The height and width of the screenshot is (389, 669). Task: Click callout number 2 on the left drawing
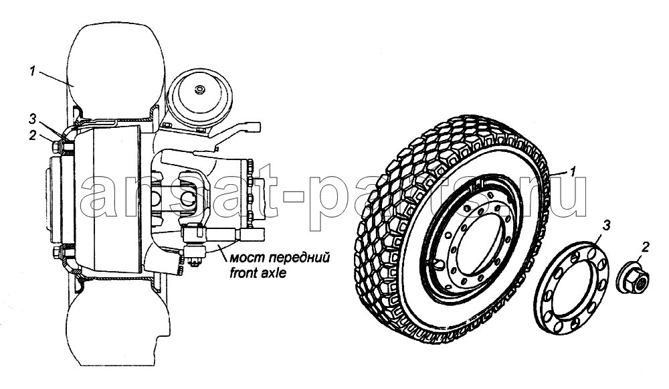[32, 135]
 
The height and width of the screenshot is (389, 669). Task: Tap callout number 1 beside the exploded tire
[573, 171]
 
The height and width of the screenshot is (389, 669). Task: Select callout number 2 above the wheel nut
[646, 246]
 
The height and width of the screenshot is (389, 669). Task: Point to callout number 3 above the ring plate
[605, 226]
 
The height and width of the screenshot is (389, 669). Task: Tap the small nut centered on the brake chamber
[199, 90]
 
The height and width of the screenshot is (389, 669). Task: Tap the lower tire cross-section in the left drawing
[115, 329]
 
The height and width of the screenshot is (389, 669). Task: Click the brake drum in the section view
[111, 200]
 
